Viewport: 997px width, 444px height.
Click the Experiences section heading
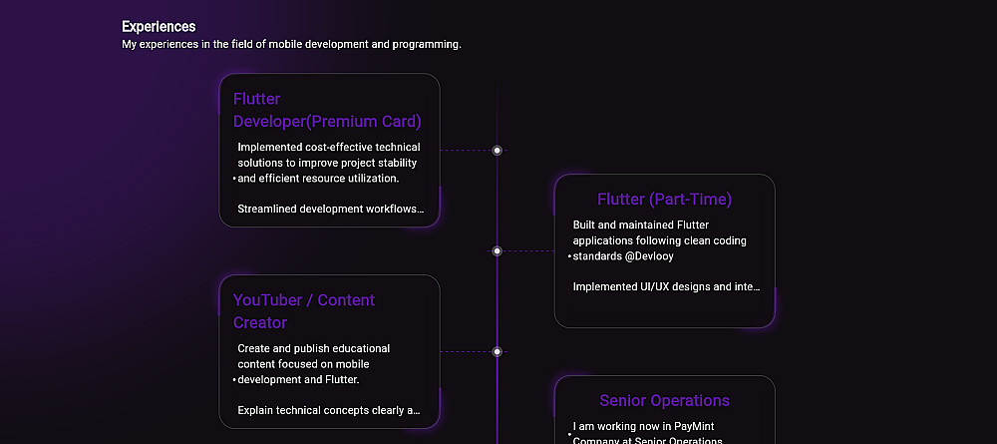coord(159,27)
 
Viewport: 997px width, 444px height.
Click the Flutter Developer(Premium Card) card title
coord(327,110)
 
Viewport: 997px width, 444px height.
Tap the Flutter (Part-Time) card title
coord(664,199)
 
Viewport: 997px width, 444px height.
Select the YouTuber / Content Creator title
coord(304,311)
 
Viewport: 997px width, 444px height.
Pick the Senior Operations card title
coord(664,400)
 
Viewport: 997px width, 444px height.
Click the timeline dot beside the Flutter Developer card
coord(497,151)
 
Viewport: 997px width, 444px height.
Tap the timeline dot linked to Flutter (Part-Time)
coord(497,251)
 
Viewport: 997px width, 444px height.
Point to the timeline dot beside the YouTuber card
coord(497,351)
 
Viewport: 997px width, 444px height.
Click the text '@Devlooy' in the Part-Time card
coord(650,256)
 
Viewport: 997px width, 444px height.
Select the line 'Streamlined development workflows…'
coord(330,210)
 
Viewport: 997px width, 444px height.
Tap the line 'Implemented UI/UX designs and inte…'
coord(666,287)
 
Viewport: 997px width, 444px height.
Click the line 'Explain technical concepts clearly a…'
coord(328,410)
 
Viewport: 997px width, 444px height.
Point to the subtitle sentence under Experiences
coord(291,45)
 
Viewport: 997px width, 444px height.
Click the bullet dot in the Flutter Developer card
coord(234,179)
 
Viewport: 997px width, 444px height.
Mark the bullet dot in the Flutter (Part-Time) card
coord(569,256)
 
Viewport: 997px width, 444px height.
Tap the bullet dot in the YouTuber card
coord(234,380)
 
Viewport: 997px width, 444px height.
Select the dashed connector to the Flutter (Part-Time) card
coord(528,251)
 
